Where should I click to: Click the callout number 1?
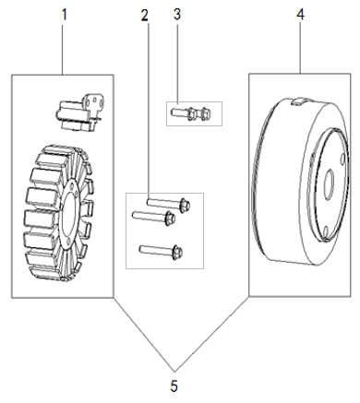point(64,15)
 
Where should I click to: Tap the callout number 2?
point(144,16)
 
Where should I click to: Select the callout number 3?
point(177,15)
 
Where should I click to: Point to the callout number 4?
point(300,15)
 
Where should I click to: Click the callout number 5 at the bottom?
point(174,386)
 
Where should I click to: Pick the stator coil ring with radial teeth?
point(58,213)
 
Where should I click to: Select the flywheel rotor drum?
point(301,182)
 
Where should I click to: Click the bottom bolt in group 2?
point(161,251)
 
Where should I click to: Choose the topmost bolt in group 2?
point(169,204)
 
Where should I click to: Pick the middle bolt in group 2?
point(153,218)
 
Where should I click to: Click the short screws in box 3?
point(191,113)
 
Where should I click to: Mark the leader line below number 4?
point(301,47)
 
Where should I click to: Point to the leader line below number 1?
point(63,49)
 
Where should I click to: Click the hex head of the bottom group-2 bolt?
point(177,251)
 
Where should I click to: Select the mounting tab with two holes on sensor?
point(94,101)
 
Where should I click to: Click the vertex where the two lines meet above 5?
point(174,372)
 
